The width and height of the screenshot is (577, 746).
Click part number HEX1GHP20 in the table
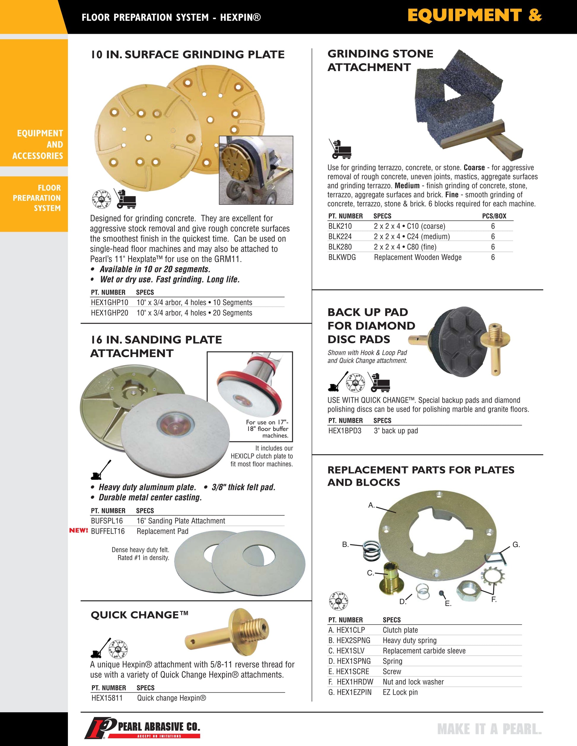click(x=109, y=313)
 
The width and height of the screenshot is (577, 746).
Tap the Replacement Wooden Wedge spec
click(x=417, y=257)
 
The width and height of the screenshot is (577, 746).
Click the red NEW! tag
click(x=79, y=531)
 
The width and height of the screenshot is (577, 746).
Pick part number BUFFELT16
click(x=108, y=531)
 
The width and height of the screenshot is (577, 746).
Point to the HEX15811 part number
click(x=107, y=698)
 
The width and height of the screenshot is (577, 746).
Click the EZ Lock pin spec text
click(x=400, y=692)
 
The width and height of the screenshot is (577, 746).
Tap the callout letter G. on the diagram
click(x=516, y=545)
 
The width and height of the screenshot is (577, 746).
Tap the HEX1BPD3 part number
click(x=345, y=431)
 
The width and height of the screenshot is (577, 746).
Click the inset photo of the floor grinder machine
click(x=256, y=170)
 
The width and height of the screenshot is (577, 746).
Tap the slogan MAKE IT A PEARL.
click(x=490, y=729)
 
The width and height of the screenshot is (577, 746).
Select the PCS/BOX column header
click(x=494, y=216)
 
